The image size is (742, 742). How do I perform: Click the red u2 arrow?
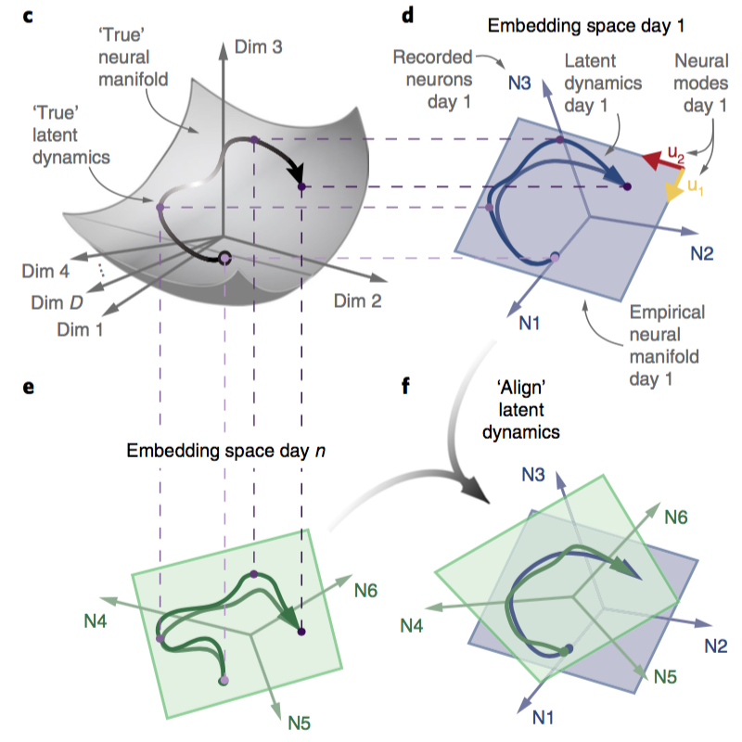pos(653,164)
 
